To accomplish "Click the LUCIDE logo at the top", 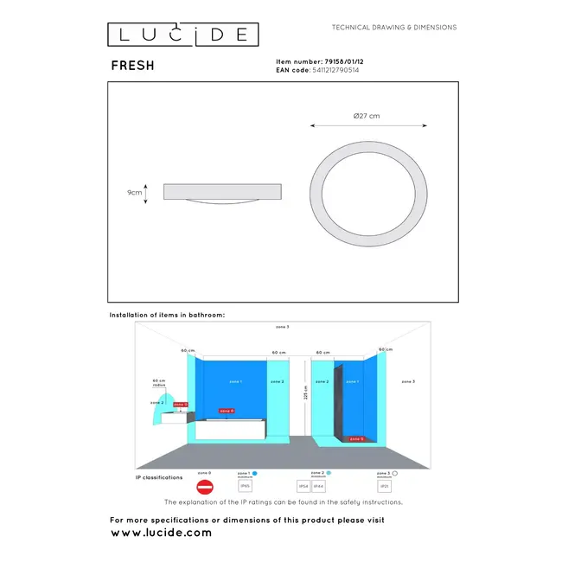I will tap(182, 34).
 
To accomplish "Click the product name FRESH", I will tap(132, 66).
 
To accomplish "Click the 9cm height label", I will tap(134, 193).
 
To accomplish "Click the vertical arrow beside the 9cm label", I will tap(146, 193).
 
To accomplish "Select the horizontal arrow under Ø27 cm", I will tap(368, 126).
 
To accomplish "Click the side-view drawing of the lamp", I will tap(222, 193).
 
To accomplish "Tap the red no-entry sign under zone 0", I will tap(205, 488).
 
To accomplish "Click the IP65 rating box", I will tap(245, 487).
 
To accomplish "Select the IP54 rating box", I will tap(303, 487).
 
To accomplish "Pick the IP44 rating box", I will tap(320, 487).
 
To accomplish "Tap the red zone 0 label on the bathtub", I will tap(226, 411).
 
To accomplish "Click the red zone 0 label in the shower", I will tap(356, 438).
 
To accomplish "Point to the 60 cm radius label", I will tap(158, 382).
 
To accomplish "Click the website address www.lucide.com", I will tap(161, 533).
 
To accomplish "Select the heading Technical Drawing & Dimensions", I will tap(394, 28).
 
